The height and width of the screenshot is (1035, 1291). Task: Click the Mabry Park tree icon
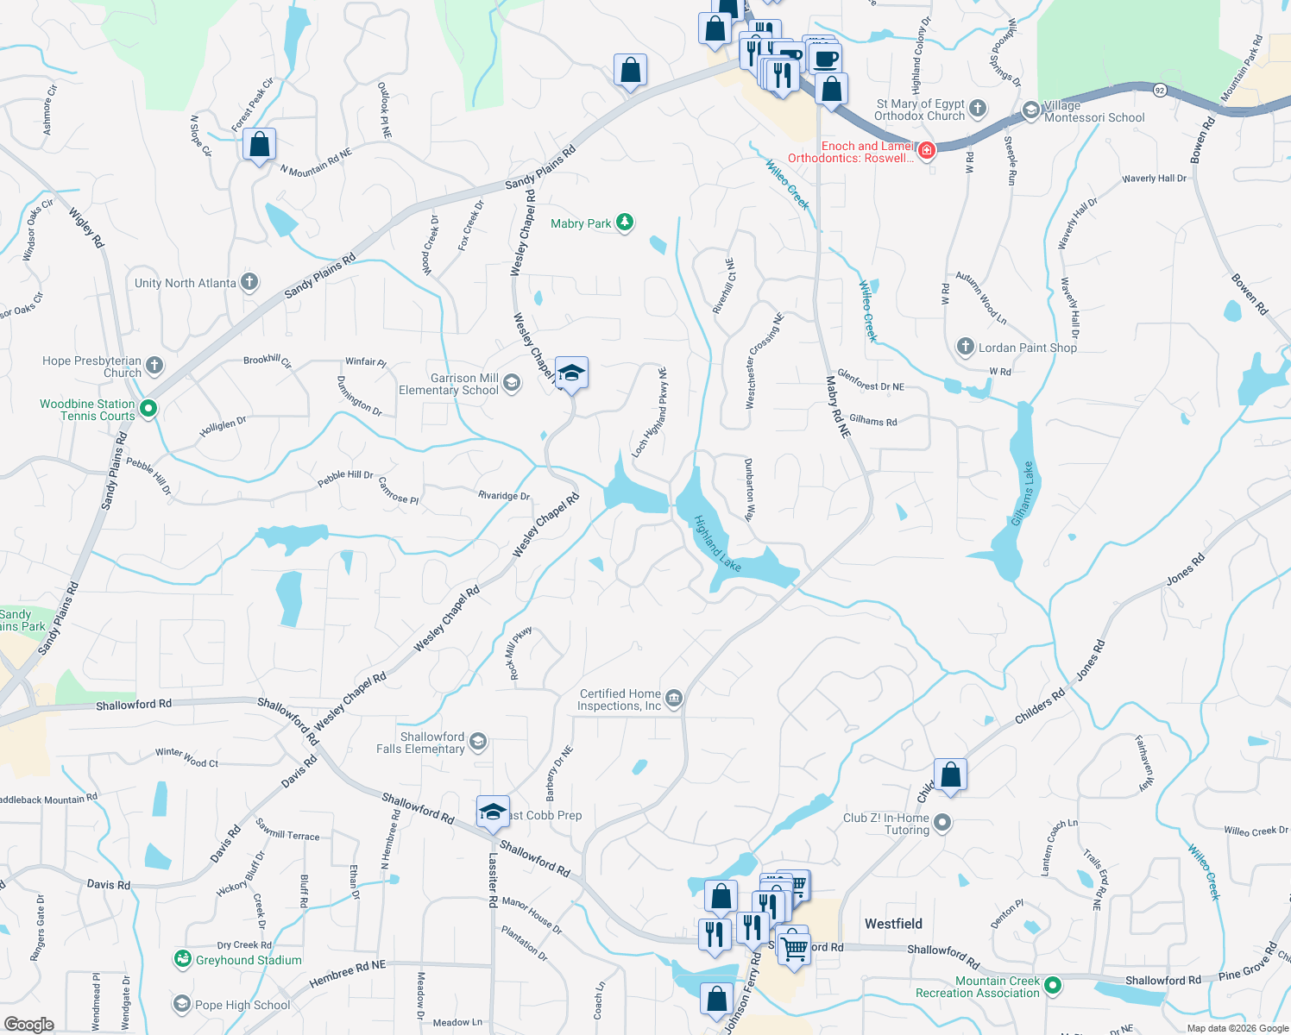tap(625, 223)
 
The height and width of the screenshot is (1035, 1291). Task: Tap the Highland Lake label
tap(718, 543)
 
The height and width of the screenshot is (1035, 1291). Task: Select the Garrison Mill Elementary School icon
tap(512, 383)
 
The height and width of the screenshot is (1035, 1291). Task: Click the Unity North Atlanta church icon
tap(249, 282)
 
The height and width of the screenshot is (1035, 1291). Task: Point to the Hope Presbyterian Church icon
tap(154, 366)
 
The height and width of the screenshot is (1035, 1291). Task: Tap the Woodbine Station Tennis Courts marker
tap(148, 409)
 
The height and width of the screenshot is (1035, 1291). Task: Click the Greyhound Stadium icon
tap(182, 959)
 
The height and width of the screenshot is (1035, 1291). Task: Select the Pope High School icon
tap(182, 1004)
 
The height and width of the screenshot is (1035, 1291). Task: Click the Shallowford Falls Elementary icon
tap(478, 742)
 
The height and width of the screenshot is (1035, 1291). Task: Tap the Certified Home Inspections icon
tap(675, 699)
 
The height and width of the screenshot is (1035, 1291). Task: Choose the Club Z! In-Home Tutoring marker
tap(942, 823)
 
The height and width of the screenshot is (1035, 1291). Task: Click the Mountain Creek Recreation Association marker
tap(1052, 985)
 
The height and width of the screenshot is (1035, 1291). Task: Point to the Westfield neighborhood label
tap(893, 924)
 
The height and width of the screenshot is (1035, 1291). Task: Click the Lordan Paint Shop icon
tap(966, 347)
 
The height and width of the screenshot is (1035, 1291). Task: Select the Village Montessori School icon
tap(1030, 110)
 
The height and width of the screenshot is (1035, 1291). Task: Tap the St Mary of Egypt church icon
tap(978, 108)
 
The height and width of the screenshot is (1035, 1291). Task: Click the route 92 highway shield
tap(1160, 90)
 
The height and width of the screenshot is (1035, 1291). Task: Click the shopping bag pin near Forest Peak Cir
tap(259, 145)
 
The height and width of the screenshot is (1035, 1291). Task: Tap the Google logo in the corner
tap(29, 1025)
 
